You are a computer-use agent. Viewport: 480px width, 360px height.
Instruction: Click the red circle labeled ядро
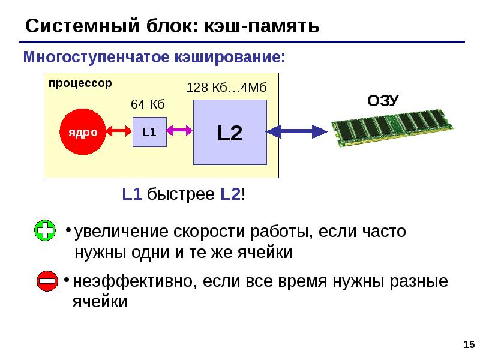(83, 131)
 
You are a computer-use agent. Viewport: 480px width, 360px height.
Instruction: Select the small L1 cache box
(149, 132)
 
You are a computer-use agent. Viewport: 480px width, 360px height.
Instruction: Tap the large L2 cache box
(230, 132)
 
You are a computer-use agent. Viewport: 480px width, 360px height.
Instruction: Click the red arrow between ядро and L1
(119, 131)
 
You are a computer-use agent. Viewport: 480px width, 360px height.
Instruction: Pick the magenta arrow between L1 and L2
(179, 131)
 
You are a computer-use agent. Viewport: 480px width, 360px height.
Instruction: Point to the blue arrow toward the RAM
(297, 131)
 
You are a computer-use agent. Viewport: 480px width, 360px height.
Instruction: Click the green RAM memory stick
(392, 128)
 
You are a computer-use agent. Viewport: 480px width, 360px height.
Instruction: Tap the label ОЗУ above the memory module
(383, 100)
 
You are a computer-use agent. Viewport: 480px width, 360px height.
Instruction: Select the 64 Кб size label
(148, 104)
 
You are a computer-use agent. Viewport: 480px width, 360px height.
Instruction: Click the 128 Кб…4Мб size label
(227, 88)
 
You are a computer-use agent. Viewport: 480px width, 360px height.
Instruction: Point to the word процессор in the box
(80, 83)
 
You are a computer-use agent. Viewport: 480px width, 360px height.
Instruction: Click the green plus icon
(45, 230)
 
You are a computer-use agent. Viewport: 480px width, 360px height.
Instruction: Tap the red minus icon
(47, 281)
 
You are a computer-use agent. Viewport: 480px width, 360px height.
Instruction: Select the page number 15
(469, 344)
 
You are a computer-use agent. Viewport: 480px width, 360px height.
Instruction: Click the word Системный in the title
(82, 26)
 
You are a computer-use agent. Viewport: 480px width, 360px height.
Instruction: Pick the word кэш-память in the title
(262, 26)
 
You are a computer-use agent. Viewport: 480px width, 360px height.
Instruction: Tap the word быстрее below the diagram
(181, 194)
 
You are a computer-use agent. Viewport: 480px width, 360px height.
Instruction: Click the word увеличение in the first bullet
(121, 232)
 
